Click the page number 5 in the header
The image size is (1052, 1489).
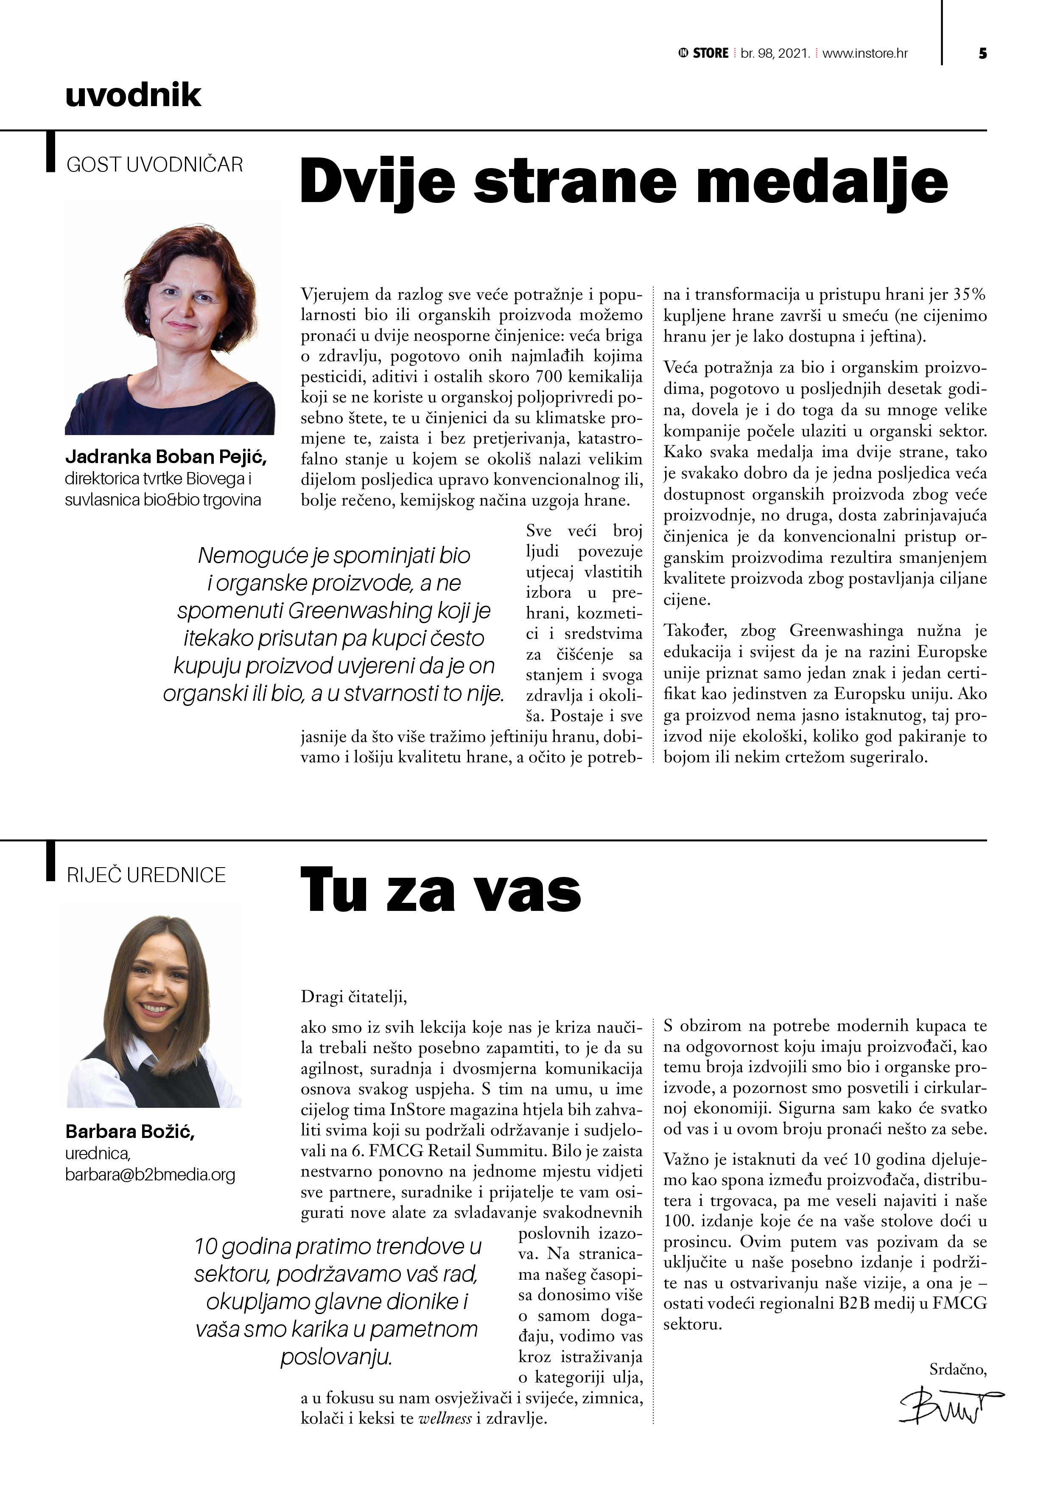click(x=983, y=53)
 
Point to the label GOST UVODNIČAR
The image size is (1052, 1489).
click(x=154, y=165)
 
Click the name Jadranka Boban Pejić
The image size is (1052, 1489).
click(x=166, y=457)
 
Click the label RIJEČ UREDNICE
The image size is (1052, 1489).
click(x=146, y=875)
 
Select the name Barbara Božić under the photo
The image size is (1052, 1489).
click(x=130, y=1132)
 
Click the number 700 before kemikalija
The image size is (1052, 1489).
click(x=550, y=377)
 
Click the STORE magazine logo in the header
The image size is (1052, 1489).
click(x=704, y=53)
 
